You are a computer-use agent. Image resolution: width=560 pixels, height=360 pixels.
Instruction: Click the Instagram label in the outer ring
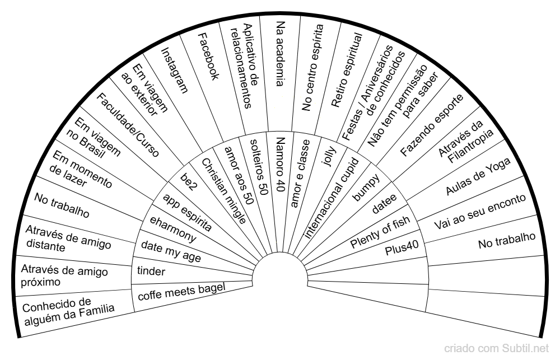(x=174, y=71)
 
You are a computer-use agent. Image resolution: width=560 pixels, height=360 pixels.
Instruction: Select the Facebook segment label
(x=208, y=56)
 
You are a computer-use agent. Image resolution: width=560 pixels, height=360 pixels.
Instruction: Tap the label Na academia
(x=281, y=54)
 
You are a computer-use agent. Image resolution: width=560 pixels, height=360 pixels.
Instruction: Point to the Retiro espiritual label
(x=347, y=70)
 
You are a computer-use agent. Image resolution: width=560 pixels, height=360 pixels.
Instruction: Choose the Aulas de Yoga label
(x=478, y=176)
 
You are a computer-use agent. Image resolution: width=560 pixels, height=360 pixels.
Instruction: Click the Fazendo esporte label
(x=431, y=125)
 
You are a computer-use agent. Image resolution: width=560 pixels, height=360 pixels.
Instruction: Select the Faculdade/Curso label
(x=128, y=125)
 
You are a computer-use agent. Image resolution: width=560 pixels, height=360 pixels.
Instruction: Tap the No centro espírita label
(x=312, y=68)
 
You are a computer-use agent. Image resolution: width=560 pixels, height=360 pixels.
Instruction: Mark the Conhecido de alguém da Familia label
(x=68, y=311)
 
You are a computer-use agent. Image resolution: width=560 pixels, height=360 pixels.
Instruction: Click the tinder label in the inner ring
(x=151, y=271)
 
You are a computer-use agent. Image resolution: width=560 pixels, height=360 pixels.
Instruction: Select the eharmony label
(x=173, y=230)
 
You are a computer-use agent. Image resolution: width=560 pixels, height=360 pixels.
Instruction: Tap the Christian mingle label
(x=224, y=191)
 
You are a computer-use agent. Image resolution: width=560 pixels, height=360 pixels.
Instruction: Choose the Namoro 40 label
(x=281, y=164)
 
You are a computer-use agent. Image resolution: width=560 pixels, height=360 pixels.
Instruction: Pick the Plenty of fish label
(x=380, y=233)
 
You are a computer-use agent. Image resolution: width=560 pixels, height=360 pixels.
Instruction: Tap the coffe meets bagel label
(x=181, y=292)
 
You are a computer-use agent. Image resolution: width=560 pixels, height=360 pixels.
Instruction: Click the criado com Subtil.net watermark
(x=496, y=348)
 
